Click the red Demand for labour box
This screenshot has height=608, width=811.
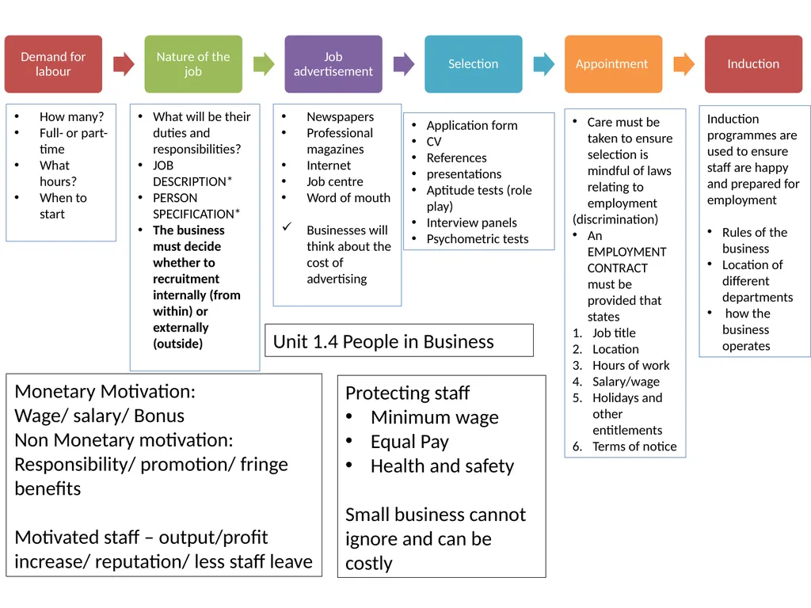[53, 64]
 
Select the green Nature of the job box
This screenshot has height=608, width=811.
[193, 64]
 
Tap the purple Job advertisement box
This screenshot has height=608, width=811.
[333, 64]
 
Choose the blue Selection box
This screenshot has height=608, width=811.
[474, 64]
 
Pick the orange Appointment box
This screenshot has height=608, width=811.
[614, 64]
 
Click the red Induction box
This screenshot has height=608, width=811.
[753, 64]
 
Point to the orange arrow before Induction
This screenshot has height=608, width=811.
[683, 64]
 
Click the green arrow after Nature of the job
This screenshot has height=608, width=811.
[264, 64]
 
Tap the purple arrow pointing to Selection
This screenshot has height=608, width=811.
[404, 64]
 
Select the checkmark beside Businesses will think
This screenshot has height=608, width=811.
[287, 226]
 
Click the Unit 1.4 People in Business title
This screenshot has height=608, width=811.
[383, 342]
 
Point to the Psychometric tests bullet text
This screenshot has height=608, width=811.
[478, 239]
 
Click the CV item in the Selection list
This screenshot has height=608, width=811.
[434, 142]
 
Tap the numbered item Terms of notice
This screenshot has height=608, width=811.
[634, 446]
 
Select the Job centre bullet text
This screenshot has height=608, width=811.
[335, 181]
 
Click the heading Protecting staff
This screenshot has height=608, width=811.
[408, 393]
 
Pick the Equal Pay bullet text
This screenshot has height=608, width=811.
[409, 442]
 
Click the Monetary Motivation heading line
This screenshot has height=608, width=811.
[105, 391]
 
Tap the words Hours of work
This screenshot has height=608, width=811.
[631, 366]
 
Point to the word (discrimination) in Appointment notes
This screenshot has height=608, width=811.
[615, 219]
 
